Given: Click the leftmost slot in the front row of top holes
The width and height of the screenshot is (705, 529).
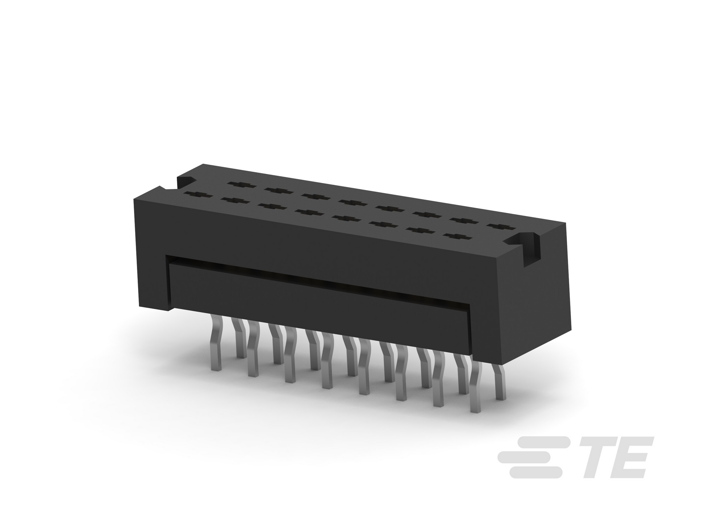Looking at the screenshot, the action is (198, 195).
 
